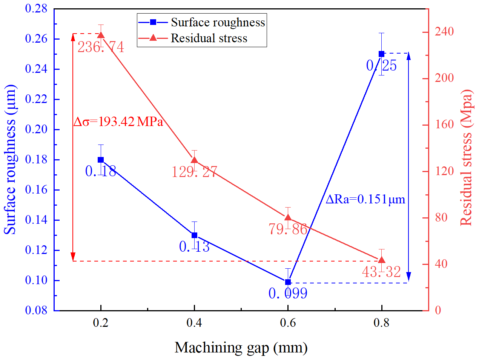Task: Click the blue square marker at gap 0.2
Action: coord(101,160)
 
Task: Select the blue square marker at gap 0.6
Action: coord(288,282)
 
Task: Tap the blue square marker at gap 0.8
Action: coord(382,54)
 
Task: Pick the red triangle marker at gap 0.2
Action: coord(101,35)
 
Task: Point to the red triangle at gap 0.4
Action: coord(194,160)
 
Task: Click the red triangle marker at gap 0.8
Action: coord(382,260)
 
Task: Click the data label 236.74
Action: coord(101,47)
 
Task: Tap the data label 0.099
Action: coord(288,293)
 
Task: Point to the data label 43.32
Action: coord(381,272)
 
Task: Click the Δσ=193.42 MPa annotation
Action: coord(118,122)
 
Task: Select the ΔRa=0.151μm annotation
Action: coord(365,199)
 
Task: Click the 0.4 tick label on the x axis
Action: coord(194,323)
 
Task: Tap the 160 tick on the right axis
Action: coord(444,125)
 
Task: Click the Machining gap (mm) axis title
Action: coord(241,348)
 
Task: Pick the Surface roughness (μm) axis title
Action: coord(10,160)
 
